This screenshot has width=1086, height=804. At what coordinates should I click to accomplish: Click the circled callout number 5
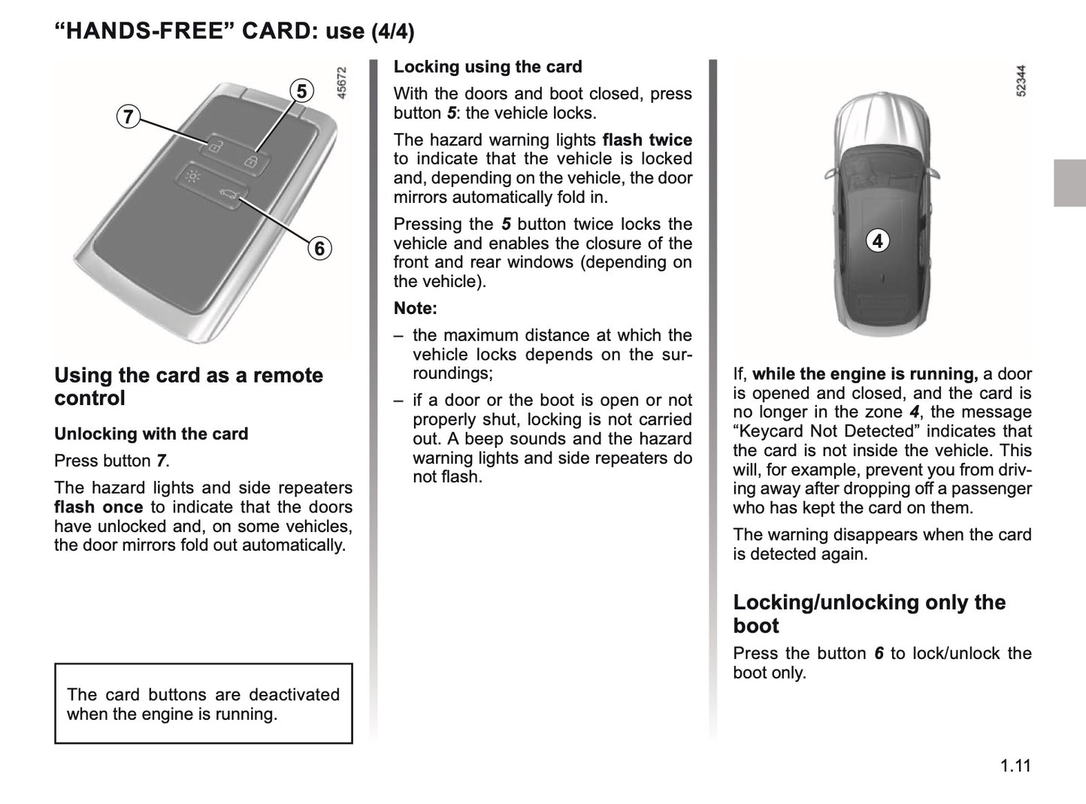(x=301, y=91)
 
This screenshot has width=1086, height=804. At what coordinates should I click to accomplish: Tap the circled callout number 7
(x=129, y=116)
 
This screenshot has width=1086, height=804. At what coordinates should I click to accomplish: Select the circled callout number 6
(x=319, y=248)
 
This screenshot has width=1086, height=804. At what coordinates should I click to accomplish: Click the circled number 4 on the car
(x=877, y=241)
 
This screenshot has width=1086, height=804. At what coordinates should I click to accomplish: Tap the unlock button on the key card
(x=214, y=146)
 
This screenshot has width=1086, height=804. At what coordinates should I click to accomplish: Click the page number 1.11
(x=1015, y=766)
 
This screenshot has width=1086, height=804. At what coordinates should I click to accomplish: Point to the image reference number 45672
(x=342, y=83)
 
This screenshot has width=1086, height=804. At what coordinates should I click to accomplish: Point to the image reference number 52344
(x=1021, y=81)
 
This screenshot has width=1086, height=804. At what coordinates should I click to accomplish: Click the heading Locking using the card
(x=488, y=67)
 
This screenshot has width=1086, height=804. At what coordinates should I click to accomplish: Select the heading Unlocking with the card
(x=151, y=434)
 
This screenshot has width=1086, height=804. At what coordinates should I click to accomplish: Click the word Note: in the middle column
(x=415, y=308)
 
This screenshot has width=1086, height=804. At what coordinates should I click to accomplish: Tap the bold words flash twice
(x=647, y=140)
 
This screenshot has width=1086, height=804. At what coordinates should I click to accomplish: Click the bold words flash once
(x=98, y=507)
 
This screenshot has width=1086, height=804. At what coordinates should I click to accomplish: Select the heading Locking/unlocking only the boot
(x=869, y=613)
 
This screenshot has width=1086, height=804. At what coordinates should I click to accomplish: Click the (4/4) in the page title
(x=392, y=32)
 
